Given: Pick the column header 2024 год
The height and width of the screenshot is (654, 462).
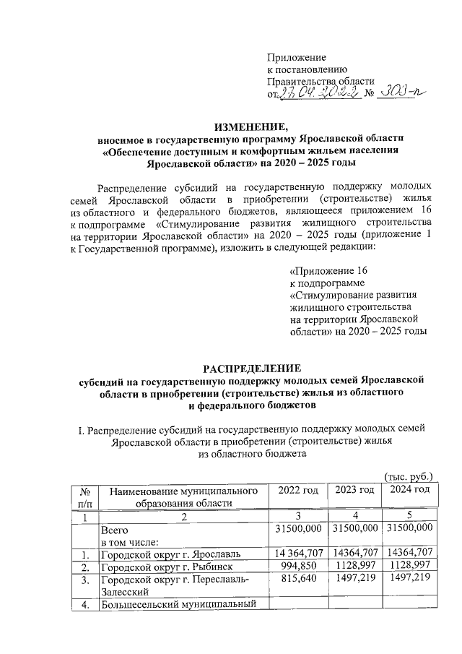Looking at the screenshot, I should [x=409, y=491].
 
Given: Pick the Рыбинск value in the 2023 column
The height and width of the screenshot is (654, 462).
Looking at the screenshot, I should [x=352, y=566].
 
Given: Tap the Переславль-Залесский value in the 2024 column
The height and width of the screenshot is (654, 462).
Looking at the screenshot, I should [x=409, y=579].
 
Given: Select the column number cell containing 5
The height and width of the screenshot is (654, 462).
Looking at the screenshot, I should [x=409, y=516].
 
